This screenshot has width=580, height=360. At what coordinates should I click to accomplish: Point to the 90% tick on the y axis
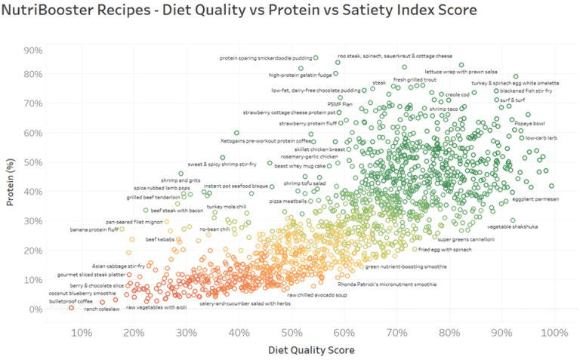pos(32,51)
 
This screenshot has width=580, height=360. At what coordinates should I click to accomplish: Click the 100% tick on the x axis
pos(554,333)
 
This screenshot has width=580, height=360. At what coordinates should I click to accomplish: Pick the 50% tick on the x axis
pos(292,333)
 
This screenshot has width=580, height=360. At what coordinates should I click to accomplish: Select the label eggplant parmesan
pos(535,198)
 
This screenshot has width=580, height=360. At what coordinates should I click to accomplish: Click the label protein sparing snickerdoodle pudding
pos(264,57)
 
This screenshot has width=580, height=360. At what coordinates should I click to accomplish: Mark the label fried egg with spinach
pos(445,249)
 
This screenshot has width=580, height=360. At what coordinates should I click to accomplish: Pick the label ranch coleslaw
pos(102,309)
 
